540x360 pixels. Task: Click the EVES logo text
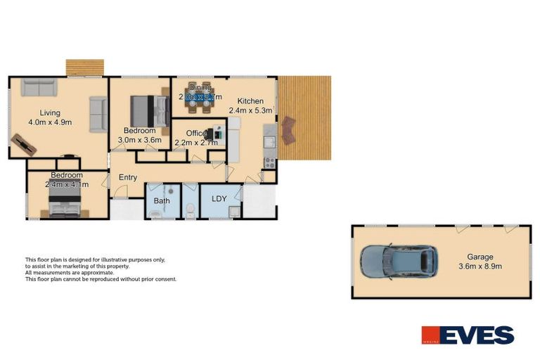pyautogui.click(x=479, y=335)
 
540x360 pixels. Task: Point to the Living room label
pyautogui.click(x=49, y=112)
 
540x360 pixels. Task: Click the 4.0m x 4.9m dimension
pyautogui.click(x=49, y=122)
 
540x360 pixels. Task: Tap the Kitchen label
pyautogui.click(x=250, y=101)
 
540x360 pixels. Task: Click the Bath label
pyautogui.click(x=162, y=201)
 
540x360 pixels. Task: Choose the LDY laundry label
pyautogui.click(x=219, y=198)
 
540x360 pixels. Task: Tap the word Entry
pyautogui.click(x=128, y=178)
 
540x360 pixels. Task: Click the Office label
pyautogui.click(x=197, y=133)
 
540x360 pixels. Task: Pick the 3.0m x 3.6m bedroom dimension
pyautogui.click(x=143, y=140)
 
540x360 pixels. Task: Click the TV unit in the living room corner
pyautogui.click(x=23, y=145)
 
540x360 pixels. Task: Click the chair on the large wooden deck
pyautogui.click(x=288, y=130)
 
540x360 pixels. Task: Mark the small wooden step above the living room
pyautogui.click(x=85, y=67)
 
